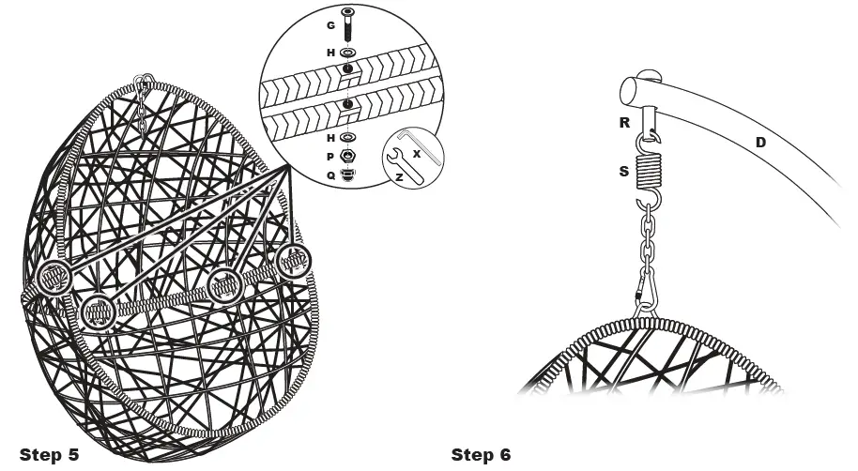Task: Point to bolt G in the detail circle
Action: coord(348,23)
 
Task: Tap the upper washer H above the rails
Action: coord(348,53)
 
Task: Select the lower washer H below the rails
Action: coord(348,137)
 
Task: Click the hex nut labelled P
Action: coord(348,156)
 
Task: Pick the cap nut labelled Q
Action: coord(348,174)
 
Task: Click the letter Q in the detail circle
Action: coord(329,174)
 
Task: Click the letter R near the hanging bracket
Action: coord(623,122)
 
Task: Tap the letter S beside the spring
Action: coord(623,173)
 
